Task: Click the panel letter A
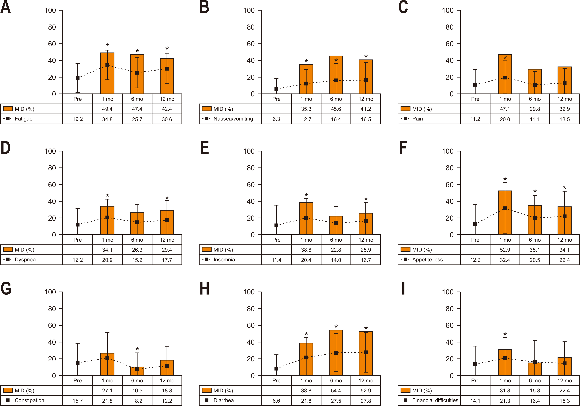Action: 6,7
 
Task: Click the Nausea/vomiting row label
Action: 233,119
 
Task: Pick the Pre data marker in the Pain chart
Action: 475,85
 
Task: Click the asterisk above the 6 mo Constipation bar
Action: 137,349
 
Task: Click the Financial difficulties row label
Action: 435,400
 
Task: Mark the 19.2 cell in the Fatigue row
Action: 78,119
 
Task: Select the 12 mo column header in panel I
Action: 564,381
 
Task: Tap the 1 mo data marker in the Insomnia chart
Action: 306,218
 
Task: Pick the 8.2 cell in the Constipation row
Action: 138,401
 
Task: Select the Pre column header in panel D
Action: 78,240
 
